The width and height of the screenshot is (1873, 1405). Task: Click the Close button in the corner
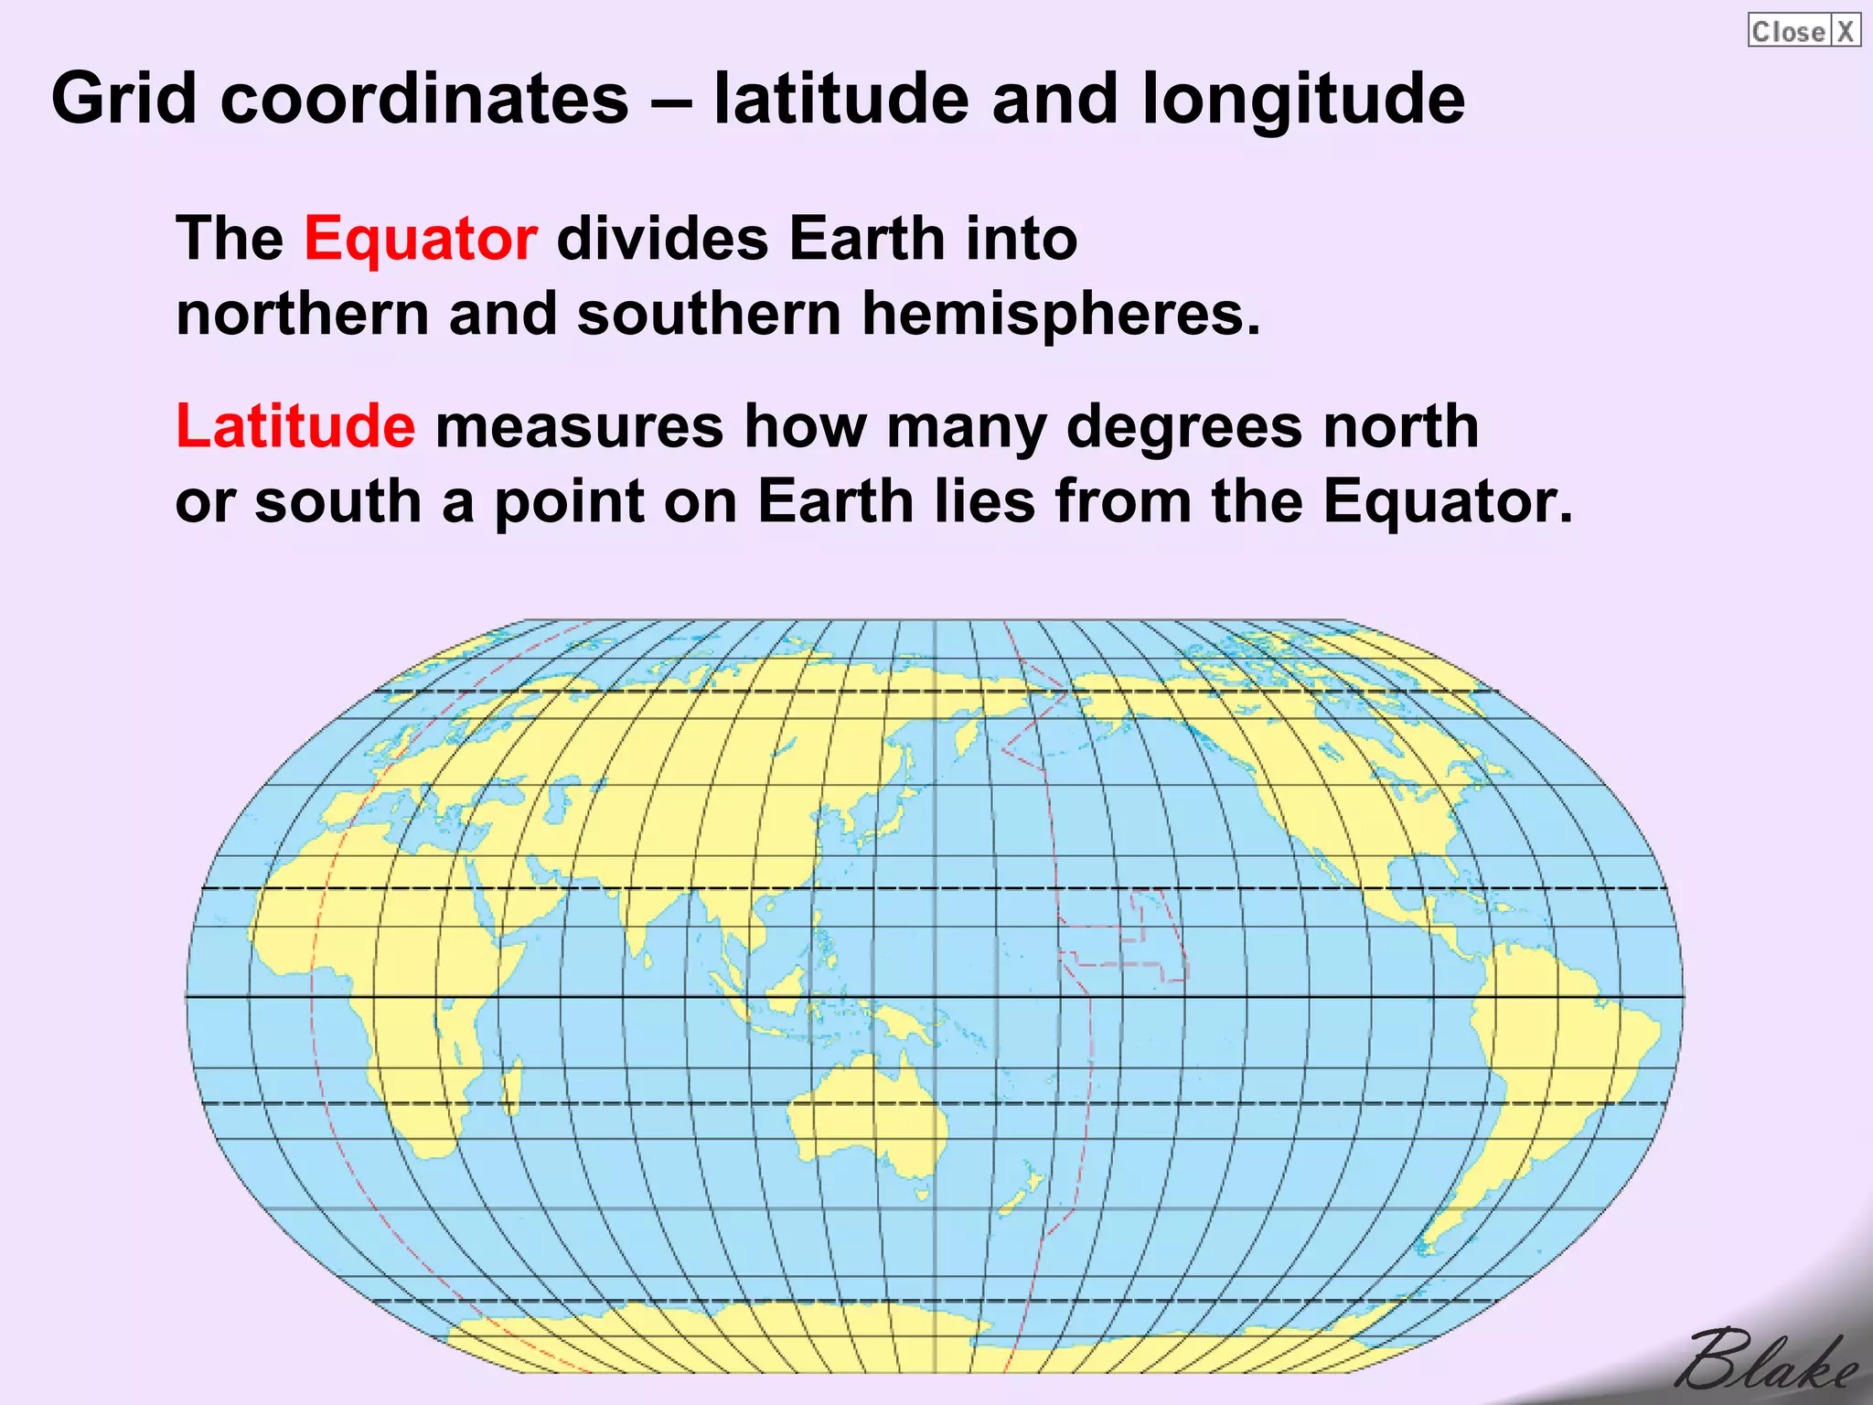(x=1787, y=31)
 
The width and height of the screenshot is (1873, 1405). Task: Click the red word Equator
(x=420, y=239)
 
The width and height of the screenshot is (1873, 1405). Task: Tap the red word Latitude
(x=295, y=426)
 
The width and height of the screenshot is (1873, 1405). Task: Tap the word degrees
(x=1183, y=426)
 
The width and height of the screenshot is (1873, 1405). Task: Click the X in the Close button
(x=1846, y=31)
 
